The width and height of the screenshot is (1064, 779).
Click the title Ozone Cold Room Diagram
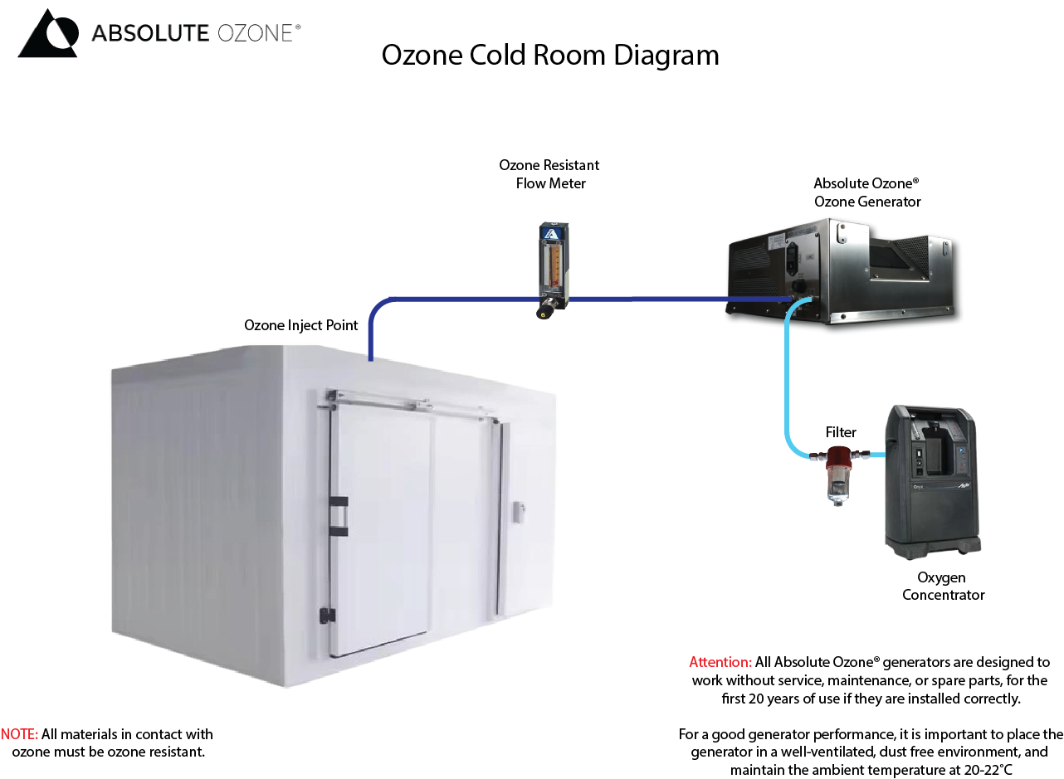(x=549, y=55)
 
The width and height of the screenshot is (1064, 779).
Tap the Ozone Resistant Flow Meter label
(x=549, y=174)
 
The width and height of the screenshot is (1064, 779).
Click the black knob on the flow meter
(x=545, y=313)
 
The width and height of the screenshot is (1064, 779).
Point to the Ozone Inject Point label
(x=300, y=325)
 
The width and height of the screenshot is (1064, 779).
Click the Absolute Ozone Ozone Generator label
(x=866, y=192)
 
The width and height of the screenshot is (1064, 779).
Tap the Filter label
(x=840, y=432)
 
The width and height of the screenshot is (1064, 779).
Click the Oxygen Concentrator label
(x=942, y=586)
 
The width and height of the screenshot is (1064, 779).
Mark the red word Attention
(x=720, y=662)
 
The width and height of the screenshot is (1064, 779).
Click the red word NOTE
(x=19, y=734)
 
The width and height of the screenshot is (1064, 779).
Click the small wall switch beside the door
(x=520, y=512)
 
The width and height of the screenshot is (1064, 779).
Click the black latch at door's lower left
(x=327, y=616)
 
